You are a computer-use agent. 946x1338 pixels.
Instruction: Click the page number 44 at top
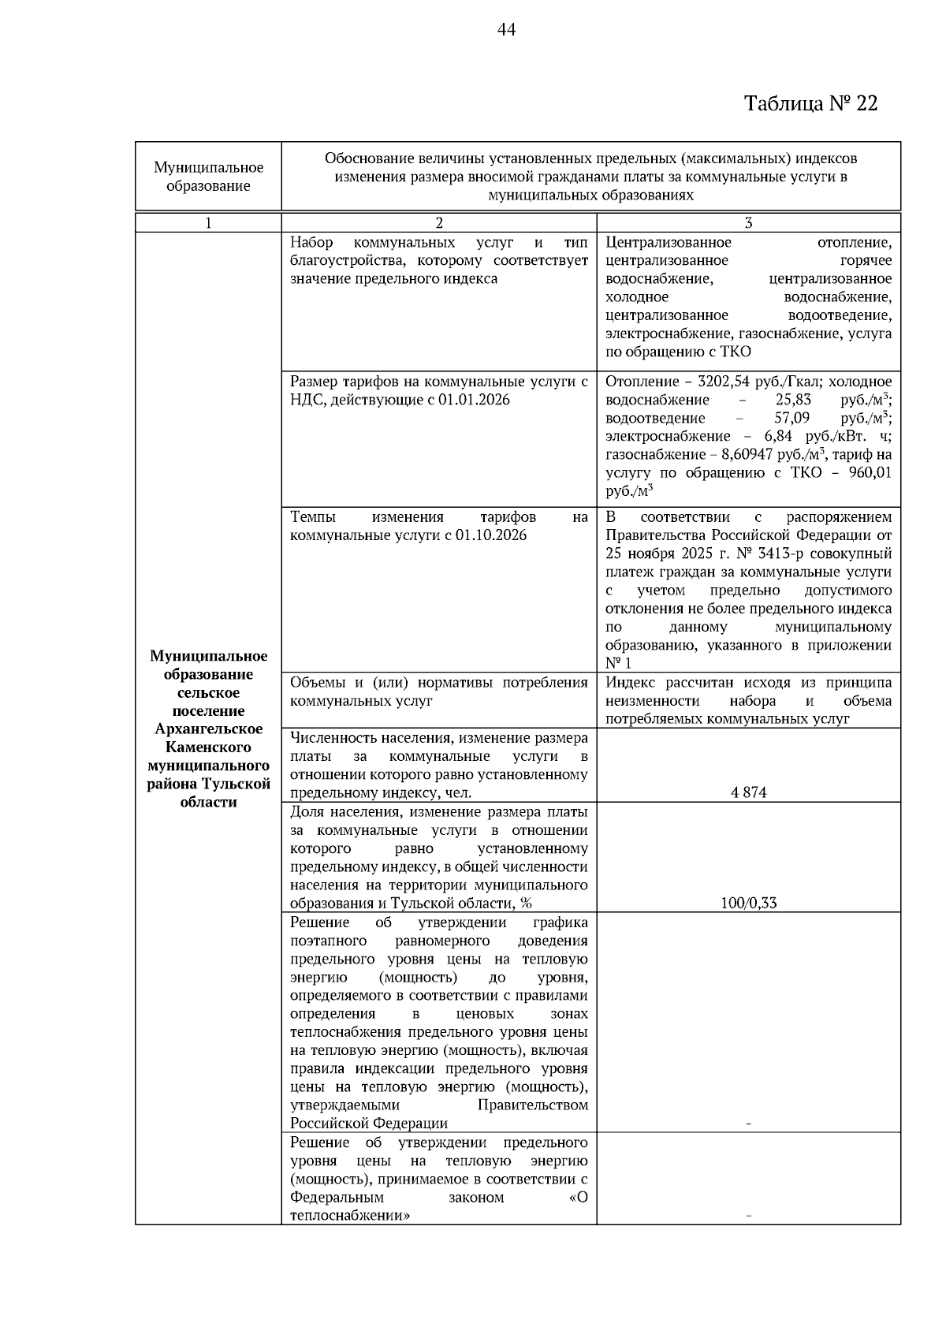click(x=507, y=30)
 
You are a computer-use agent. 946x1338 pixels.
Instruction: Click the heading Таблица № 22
click(x=810, y=104)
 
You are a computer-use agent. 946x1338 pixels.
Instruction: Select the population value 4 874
click(x=748, y=792)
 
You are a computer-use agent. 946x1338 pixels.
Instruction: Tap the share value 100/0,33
click(x=748, y=903)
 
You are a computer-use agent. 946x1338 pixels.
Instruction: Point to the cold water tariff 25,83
click(x=794, y=400)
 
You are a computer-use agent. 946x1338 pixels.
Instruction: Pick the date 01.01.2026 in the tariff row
click(x=474, y=400)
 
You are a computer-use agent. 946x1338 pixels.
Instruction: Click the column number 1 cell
click(x=208, y=222)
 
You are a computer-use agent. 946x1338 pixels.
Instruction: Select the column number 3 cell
click(x=748, y=222)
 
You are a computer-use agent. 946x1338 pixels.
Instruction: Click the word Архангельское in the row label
click(x=208, y=729)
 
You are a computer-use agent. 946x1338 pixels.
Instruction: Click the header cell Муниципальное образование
click(x=208, y=177)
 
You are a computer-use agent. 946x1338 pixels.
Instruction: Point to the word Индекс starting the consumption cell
click(x=628, y=682)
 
